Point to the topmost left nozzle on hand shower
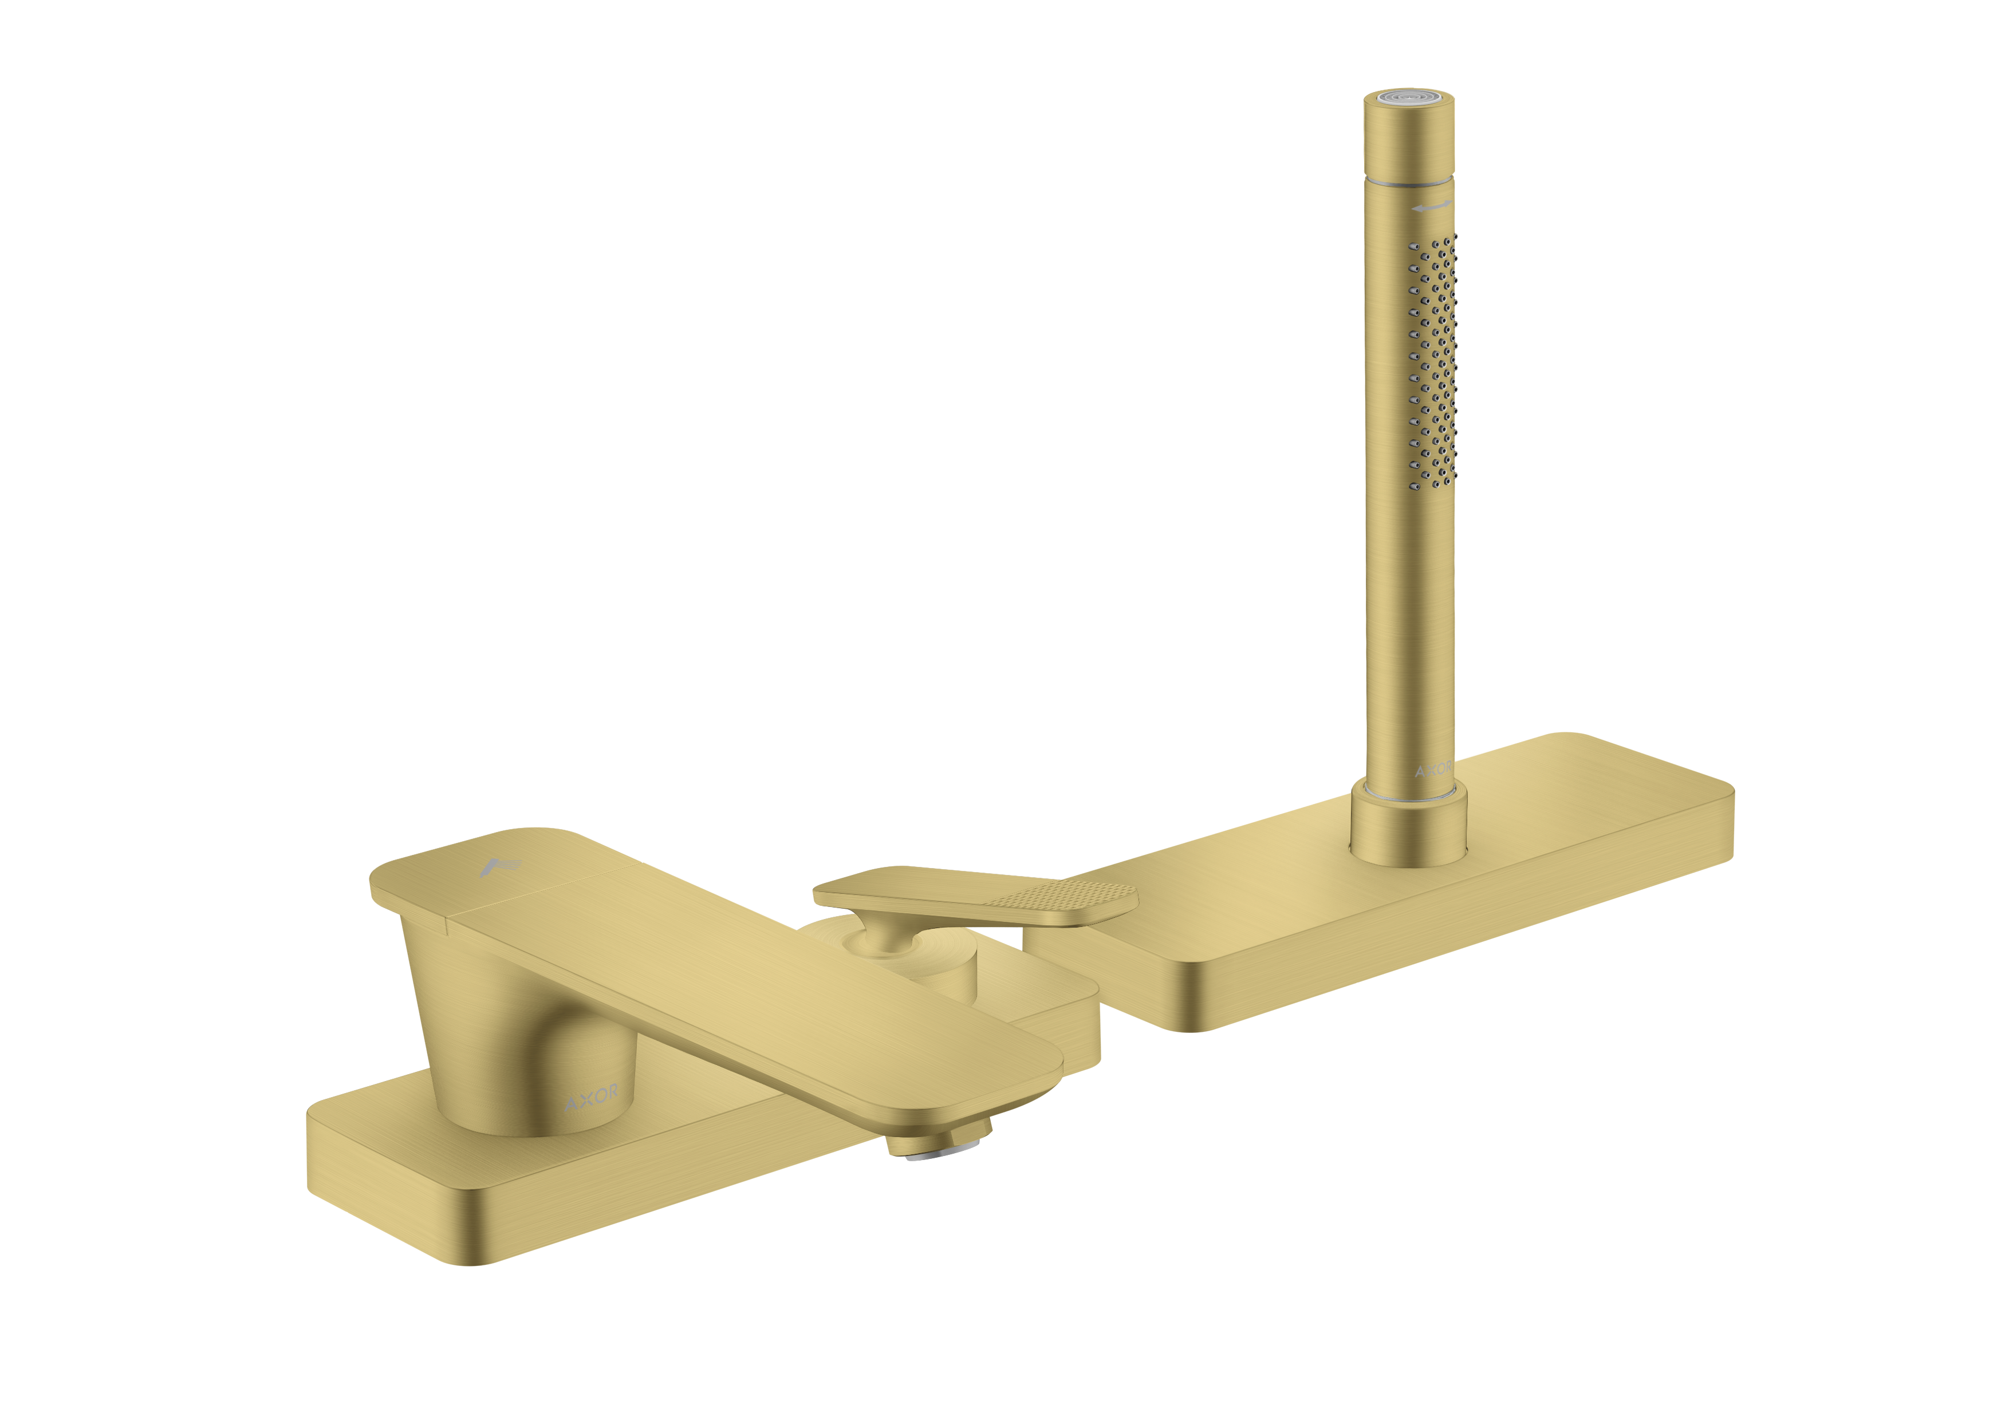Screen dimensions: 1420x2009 click(1414, 247)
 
